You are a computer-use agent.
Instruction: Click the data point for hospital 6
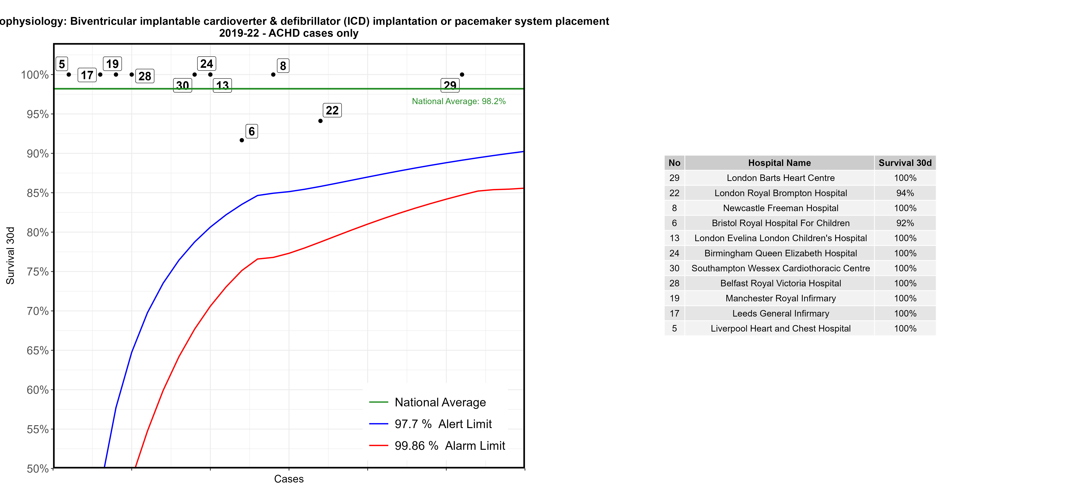242,140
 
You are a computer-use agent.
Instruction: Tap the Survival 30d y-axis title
10,256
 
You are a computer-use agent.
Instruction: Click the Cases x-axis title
289,479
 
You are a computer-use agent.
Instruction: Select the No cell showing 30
674,268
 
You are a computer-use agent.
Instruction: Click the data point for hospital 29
462,75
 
